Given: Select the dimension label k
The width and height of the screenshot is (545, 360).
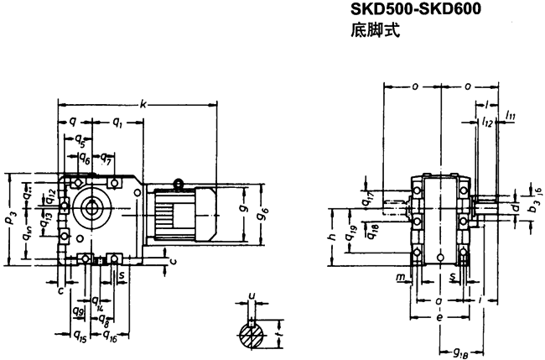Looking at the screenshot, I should [x=143, y=105].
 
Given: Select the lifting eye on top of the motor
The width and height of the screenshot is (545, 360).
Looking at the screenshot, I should [x=178, y=184].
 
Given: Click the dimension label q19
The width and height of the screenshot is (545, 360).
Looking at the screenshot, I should [x=352, y=232].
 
